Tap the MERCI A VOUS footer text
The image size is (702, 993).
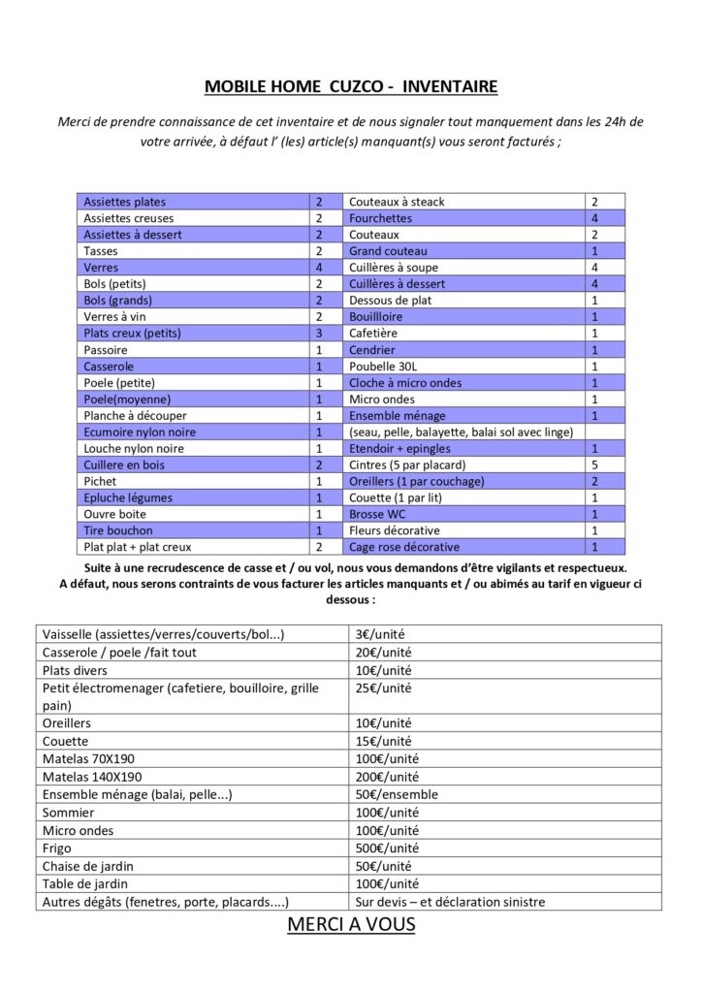click(x=351, y=924)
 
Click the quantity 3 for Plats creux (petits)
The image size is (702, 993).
click(x=318, y=334)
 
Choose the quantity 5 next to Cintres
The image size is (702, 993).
click(x=594, y=465)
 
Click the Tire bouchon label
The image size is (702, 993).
click(x=118, y=531)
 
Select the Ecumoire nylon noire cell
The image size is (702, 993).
click(x=141, y=432)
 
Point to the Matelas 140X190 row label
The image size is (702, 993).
click(x=92, y=777)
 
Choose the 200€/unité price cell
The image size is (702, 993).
click(x=387, y=777)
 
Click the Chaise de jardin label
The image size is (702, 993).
click(x=88, y=866)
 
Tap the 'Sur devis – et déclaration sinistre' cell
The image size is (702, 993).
click(x=450, y=902)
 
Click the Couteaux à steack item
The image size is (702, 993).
click(x=397, y=202)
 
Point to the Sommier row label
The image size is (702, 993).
click(x=69, y=813)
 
